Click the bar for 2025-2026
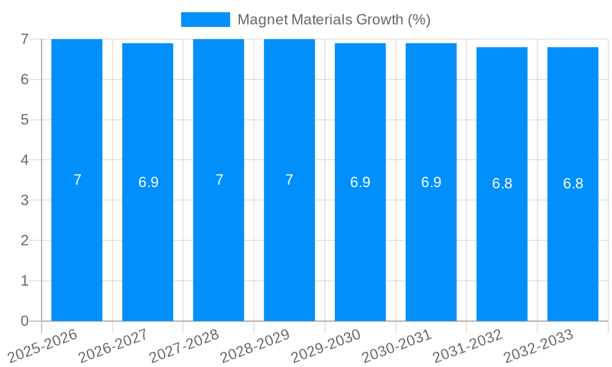click(x=76, y=245)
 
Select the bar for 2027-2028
click(x=218, y=245)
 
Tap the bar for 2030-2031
click(x=431, y=245)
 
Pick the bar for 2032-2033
click(x=573, y=245)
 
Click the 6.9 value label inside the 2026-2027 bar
click(x=148, y=182)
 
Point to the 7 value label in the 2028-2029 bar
click(x=289, y=180)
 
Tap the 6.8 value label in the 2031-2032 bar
click(x=502, y=183)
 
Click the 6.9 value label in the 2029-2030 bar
click(x=360, y=182)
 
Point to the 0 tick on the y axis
click(x=24, y=321)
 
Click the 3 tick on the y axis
click(x=24, y=200)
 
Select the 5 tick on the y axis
click(x=24, y=120)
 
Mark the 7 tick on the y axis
click(x=24, y=39)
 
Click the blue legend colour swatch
click(x=206, y=20)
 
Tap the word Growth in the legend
click(x=380, y=20)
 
